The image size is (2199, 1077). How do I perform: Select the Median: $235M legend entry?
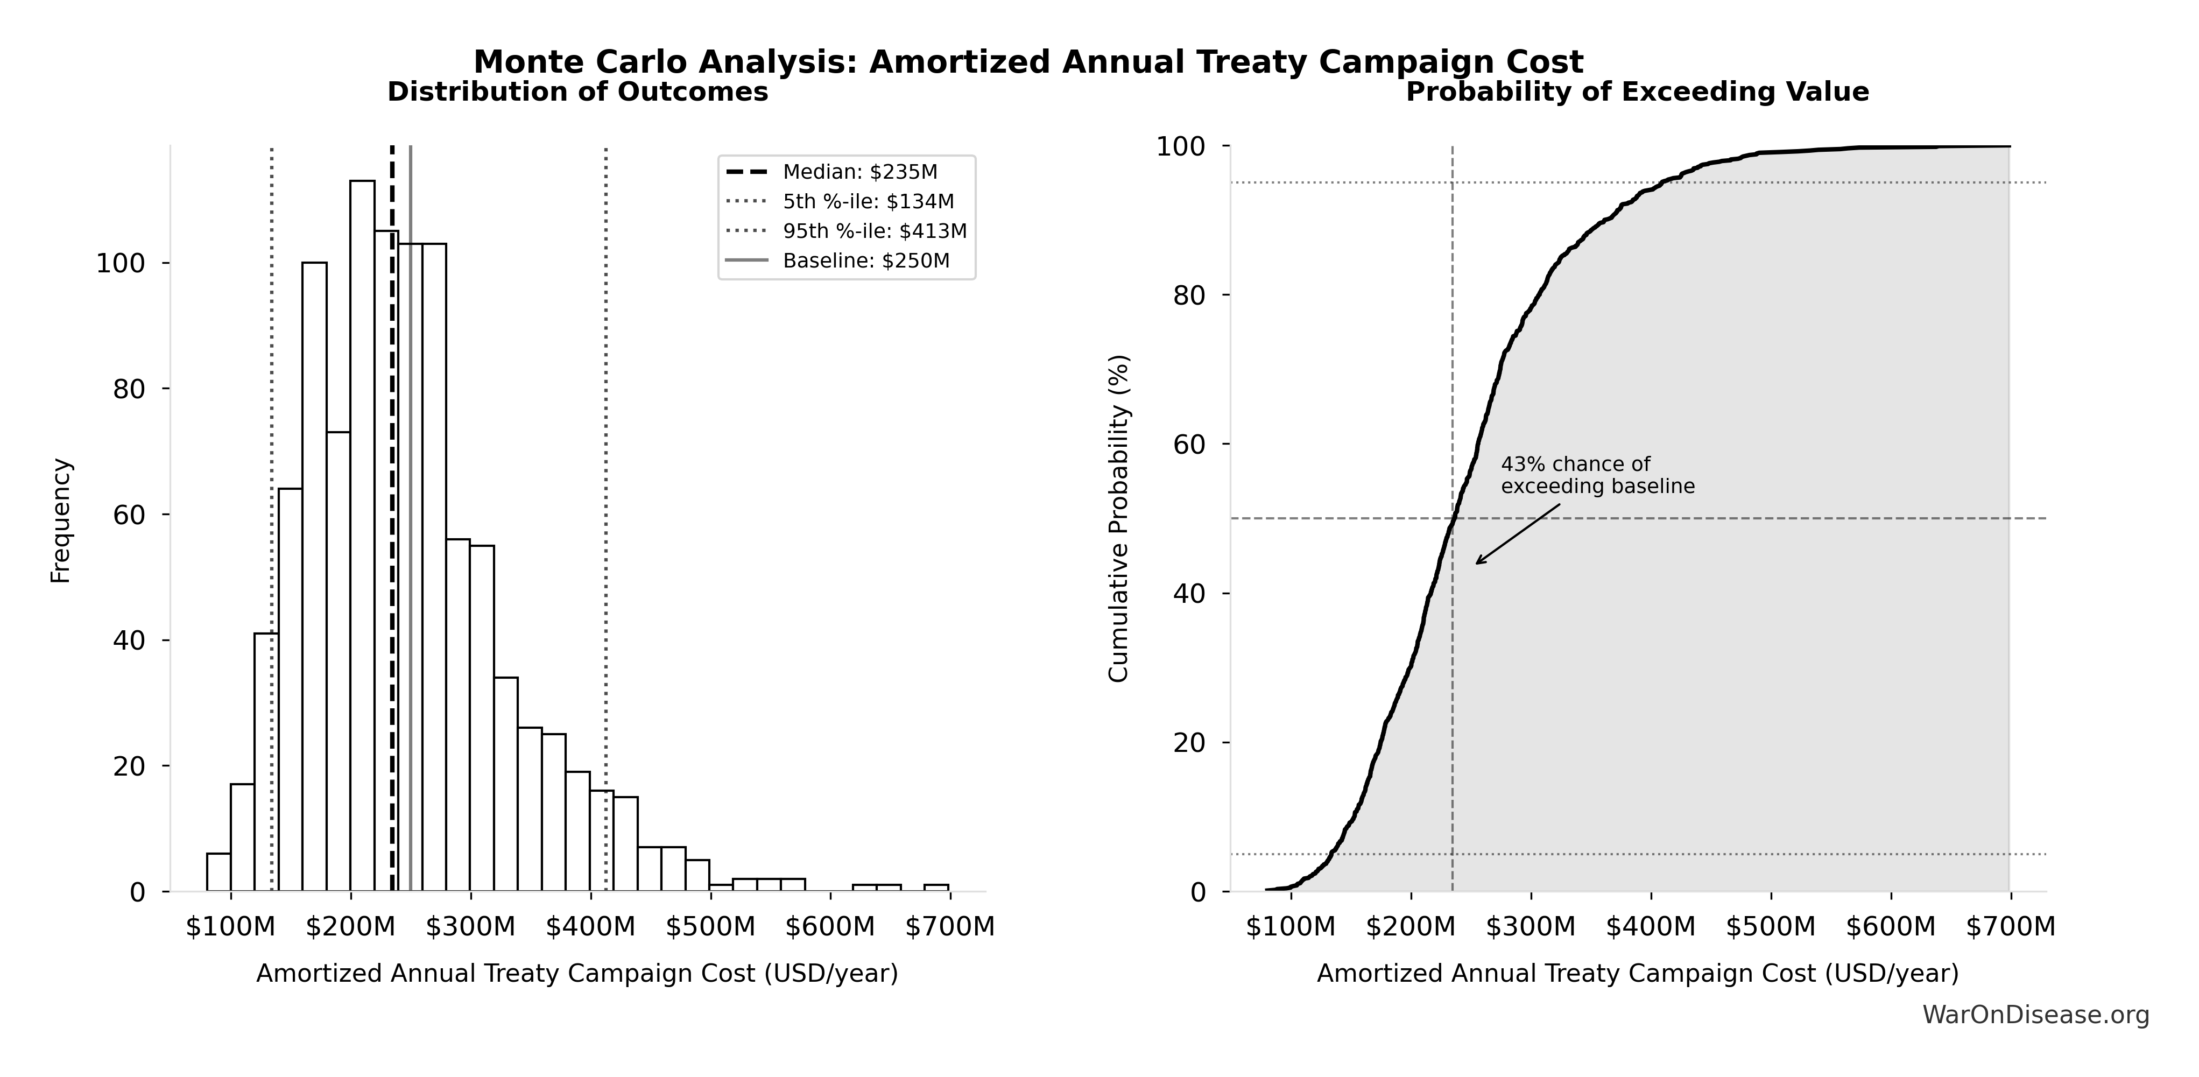tap(859, 172)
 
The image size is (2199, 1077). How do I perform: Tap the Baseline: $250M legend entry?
tap(865, 261)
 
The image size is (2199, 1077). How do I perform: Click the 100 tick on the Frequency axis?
tap(121, 264)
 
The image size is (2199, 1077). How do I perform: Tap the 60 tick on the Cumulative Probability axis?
tap(1192, 445)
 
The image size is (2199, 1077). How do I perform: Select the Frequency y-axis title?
tap(61, 520)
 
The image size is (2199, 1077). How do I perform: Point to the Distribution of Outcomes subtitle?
tap(578, 92)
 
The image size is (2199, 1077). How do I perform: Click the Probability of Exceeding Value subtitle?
tap(1637, 92)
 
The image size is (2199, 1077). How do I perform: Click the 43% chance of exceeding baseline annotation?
tap(1597, 475)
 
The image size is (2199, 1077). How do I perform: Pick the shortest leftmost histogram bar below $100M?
tap(219, 872)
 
